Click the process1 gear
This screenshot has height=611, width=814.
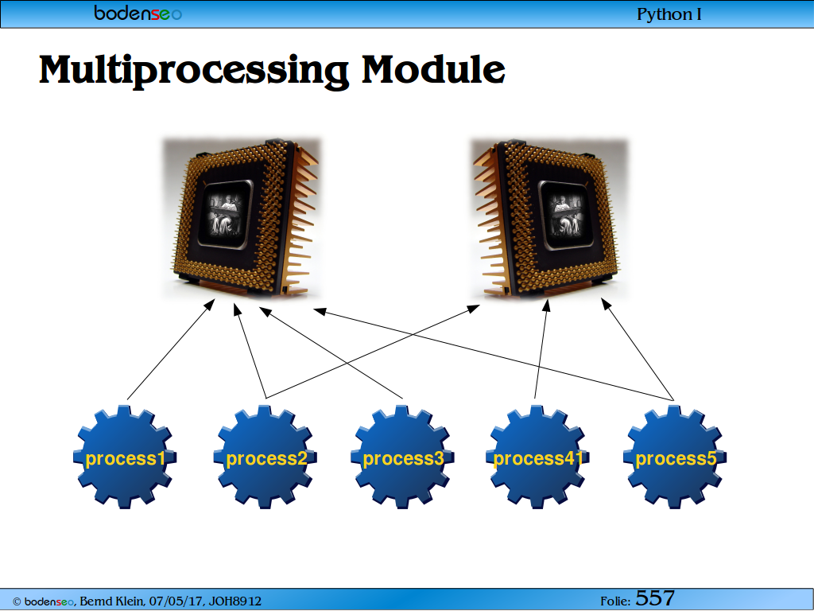[125, 457]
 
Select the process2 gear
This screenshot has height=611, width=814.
[265, 457]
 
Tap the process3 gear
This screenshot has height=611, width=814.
[402, 457]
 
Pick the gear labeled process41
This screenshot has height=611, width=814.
[537, 457]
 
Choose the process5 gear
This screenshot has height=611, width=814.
[674, 457]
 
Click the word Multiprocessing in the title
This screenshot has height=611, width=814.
[194, 71]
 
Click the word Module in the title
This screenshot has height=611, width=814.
[433, 68]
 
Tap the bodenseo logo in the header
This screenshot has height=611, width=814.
[138, 13]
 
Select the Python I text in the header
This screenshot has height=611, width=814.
[669, 14]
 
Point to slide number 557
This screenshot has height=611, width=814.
[655, 598]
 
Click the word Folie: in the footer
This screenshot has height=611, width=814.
[615, 601]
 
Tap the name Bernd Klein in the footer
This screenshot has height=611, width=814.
[111, 601]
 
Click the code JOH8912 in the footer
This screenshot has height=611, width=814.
[235, 601]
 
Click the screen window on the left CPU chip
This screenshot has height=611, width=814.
[225, 213]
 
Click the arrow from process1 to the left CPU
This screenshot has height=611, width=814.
[171, 350]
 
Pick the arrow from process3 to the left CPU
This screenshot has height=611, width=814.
[331, 352]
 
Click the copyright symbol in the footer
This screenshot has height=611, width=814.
[17, 601]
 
